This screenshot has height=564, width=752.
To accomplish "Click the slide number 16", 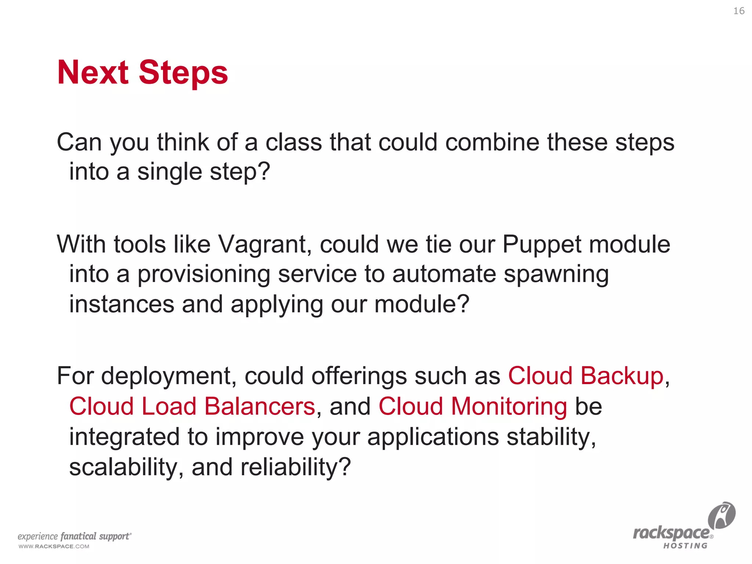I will (739, 11).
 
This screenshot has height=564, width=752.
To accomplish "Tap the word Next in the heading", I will (93, 73).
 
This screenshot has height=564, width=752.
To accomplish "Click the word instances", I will (122, 304).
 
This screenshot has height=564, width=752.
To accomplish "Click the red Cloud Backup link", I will (585, 376).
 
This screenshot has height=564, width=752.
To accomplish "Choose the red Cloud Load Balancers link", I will (192, 406).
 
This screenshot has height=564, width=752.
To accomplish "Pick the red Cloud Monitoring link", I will (473, 406).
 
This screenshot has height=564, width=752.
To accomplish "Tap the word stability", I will (551, 437).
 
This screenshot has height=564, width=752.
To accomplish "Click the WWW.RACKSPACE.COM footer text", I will (54, 546).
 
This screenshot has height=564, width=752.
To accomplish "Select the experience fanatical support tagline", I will (75, 536).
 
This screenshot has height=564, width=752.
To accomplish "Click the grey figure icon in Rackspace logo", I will (721, 515).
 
